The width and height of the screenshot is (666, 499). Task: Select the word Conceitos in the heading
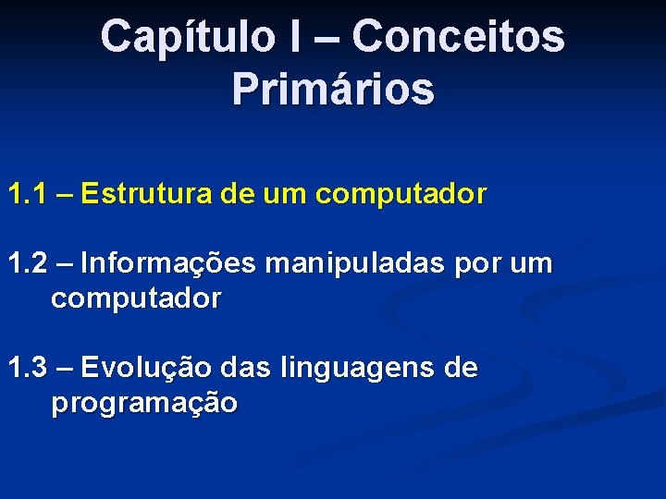(458, 37)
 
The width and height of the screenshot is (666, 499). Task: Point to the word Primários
(333, 89)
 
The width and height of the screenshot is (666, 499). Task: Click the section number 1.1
(28, 194)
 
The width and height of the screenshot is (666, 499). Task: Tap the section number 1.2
(28, 264)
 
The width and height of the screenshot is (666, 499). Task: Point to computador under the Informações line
(136, 299)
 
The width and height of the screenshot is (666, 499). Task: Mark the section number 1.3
(28, 369)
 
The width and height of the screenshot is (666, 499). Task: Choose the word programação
(144, 405)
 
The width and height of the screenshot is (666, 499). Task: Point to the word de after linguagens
(461, 369)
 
